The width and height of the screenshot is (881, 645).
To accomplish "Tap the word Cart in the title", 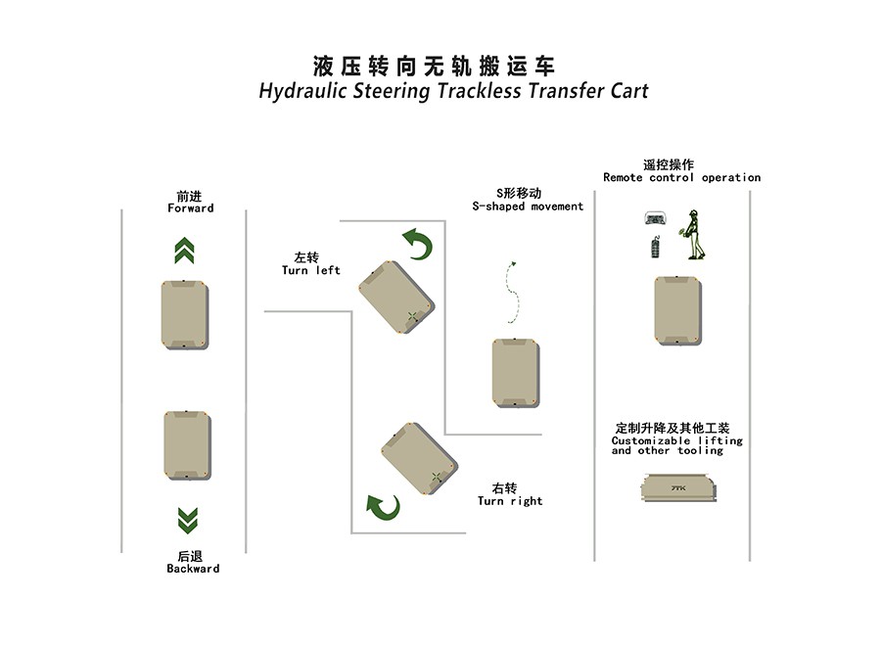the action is (629, 91).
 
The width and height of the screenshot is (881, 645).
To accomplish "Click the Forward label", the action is (191, 207).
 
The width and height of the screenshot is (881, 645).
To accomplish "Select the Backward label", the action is (193, 569).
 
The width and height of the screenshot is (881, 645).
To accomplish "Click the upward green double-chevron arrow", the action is (184, 251).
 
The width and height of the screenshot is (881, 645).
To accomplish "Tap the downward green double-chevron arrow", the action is (188, 521).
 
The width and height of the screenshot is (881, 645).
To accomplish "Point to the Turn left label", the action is (310, 270).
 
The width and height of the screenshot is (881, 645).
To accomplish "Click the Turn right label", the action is (510, 501).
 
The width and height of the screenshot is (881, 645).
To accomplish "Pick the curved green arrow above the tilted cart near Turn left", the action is (419, 244).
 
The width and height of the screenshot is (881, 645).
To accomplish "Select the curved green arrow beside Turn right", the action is (383, 508).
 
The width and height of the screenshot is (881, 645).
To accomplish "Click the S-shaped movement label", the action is (528, 207).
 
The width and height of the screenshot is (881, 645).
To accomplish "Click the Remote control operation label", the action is (681, 177).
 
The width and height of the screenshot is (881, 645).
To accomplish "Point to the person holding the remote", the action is (694, 235).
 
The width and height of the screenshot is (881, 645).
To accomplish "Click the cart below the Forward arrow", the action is (185, 314).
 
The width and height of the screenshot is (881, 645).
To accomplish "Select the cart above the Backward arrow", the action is (188, 445).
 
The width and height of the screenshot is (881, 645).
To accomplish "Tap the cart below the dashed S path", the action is (516, 373).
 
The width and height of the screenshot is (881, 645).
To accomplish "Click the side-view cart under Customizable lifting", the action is (678, 487).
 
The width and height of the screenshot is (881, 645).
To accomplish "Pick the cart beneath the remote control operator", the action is (677, 310).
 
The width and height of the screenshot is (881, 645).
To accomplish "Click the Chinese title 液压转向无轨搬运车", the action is (434, 67).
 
